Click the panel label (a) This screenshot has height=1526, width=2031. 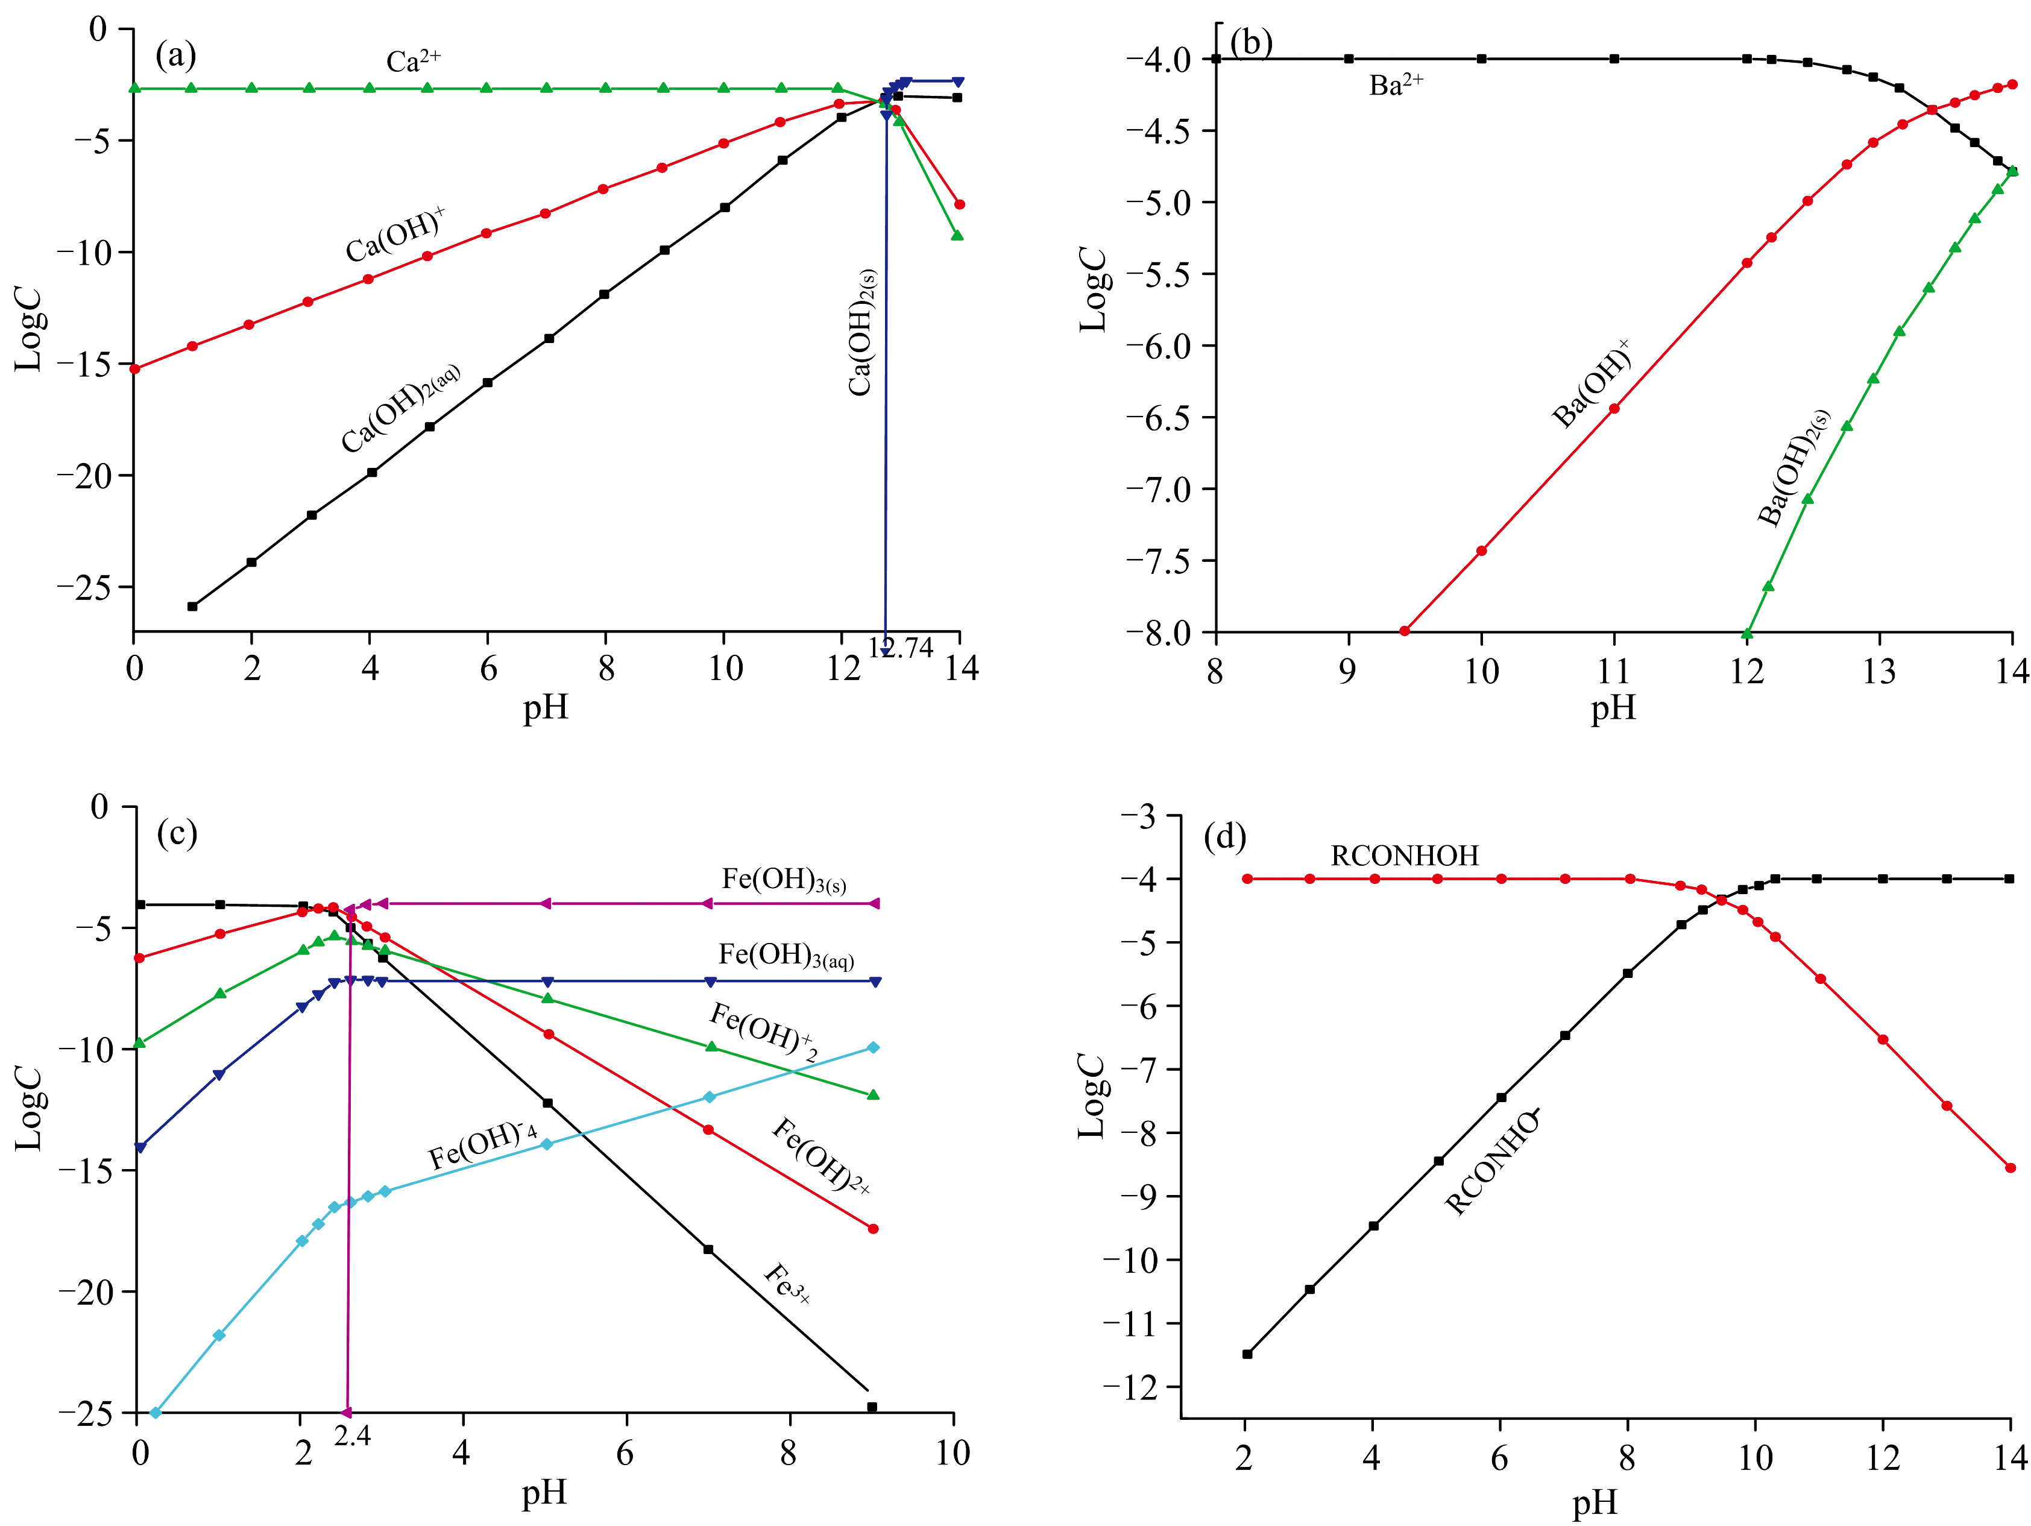pos(175,56)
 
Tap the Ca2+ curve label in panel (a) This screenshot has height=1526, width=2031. pos(413,61)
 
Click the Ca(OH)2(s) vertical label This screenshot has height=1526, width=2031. pos(861,332)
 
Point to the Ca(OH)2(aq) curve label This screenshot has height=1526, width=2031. pos(400,409)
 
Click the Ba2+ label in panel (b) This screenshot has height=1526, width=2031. pos(1396,86)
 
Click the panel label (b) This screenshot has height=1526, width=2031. pos(1250,42)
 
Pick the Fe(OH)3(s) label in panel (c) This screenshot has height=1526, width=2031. pos(783,880)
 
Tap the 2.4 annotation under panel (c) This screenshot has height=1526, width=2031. pos(351,1435)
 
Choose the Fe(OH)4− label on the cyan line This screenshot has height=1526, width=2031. pos(483,1145)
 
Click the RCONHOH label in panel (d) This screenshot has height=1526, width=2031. pos(1404,856)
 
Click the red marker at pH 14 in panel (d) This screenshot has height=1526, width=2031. pos(2010,1168)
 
